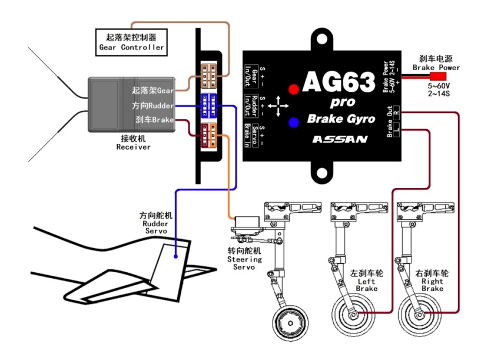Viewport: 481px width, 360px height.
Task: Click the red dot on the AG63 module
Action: [x=294, y=90]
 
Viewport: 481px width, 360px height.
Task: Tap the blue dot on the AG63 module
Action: [x=294, y=123]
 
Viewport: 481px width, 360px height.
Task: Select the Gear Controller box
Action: [x=131, y=42]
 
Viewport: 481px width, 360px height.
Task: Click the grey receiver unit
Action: [x=132, y=105]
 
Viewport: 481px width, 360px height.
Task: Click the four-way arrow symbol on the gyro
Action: [x=278, y=106]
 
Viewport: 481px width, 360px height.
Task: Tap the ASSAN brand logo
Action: [x=340, y=140]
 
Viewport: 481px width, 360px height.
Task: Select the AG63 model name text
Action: [x=339, y=82]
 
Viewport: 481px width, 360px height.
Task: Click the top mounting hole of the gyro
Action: [x=322, y=39]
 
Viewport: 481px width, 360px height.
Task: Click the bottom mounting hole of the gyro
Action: [x=322, y=173]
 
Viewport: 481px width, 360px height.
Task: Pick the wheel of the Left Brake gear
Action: [x=353, y=315]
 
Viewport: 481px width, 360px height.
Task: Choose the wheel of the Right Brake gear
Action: [x=420, y=315]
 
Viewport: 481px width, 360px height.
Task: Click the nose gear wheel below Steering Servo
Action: [x=290, y=323]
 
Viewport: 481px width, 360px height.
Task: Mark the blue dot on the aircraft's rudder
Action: [x=176, y=256]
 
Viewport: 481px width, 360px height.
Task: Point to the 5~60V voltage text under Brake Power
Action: [x=439, y=85]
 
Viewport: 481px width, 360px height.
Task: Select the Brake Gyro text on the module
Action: [x=341, y=119]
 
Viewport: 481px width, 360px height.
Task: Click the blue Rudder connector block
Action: [x=209, y=106]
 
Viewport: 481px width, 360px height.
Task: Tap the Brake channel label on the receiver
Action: [x=155, y=120]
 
